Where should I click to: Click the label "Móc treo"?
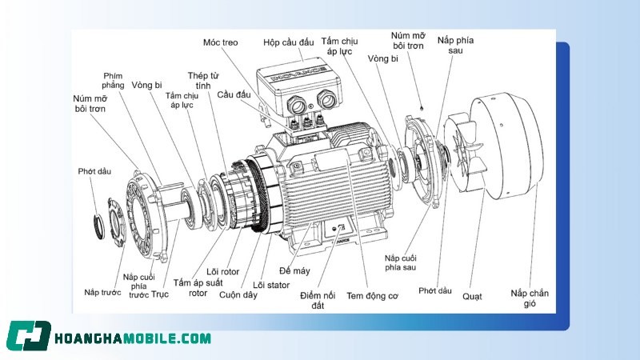tap(220, 41)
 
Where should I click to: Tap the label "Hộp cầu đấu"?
tap(289, 42)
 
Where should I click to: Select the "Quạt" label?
tap(472, 296)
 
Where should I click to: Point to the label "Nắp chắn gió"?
tap(530, 298)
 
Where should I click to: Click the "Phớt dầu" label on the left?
tap(93, 171)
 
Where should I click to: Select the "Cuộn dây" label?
tap(238, 294)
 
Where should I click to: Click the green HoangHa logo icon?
tap(29, 337)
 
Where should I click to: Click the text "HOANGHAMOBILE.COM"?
tap(132, 338)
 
